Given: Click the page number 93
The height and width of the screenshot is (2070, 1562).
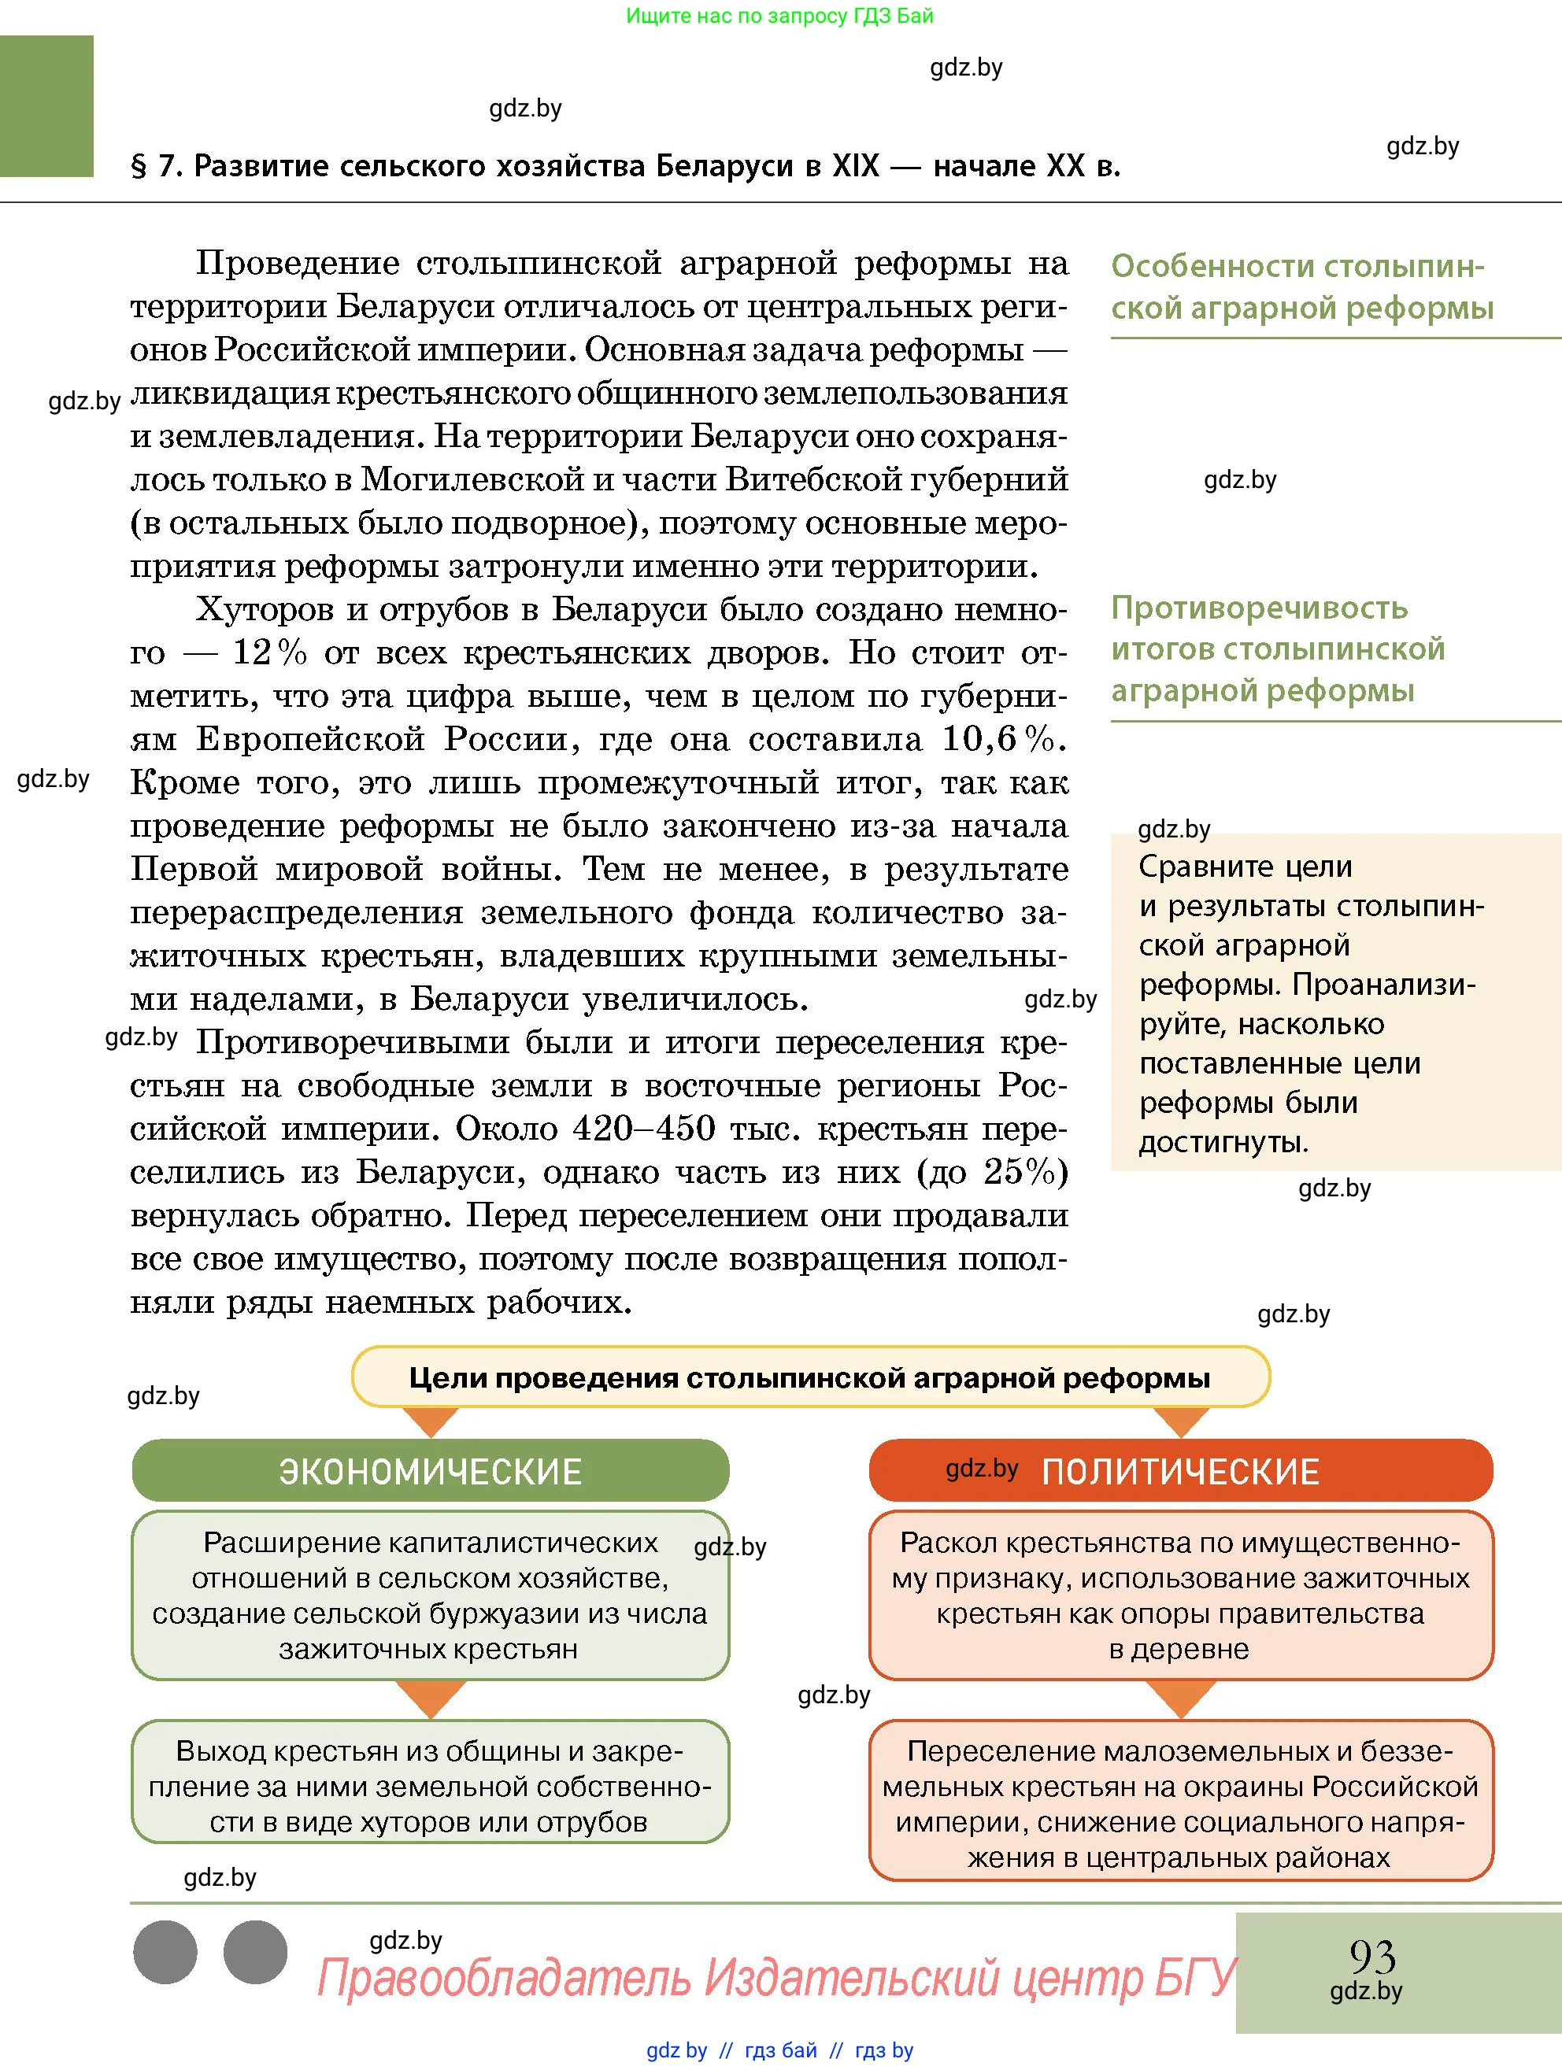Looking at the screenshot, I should click(x=1372, y=1956).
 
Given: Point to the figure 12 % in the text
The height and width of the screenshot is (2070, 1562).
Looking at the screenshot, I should click(x=269, y=653).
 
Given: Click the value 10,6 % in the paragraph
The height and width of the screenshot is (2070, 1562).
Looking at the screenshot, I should click(x=1003, y=739).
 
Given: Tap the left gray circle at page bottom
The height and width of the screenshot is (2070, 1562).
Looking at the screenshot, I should click(x=165, y=1952).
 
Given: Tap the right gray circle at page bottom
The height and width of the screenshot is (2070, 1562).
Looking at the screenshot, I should click(x=256, y=1952).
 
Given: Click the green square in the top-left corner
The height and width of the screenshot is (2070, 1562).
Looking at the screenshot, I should click(x=46, y=105).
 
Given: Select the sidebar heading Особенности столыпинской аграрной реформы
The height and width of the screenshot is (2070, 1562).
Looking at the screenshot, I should click(x=1301, y=287).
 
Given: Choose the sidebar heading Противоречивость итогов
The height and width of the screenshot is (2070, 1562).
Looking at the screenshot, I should click(x=1278, y=649).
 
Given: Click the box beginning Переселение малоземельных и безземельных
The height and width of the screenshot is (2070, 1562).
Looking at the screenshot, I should click(x=1180, y=1803).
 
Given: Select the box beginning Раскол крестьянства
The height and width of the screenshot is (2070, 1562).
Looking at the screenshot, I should click(x=1180, y=1595).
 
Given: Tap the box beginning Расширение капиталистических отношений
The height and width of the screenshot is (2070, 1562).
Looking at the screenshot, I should click(x=430, y=1595).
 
